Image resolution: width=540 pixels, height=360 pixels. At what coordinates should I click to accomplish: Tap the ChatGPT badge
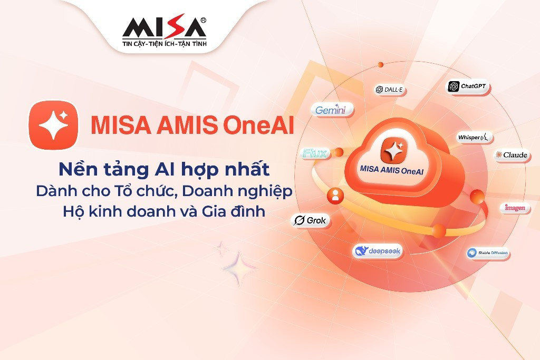(469, 86)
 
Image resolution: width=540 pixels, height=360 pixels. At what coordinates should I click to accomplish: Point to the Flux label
(315, 154)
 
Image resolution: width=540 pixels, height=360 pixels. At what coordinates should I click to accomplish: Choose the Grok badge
(311, 220)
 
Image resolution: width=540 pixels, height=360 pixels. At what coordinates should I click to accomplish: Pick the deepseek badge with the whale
(378, 251)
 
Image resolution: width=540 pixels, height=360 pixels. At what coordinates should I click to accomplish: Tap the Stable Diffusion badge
(488, 254)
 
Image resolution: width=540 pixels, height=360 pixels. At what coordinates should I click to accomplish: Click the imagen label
(515, 208)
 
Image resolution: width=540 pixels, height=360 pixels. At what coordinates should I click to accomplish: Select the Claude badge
(511, 155)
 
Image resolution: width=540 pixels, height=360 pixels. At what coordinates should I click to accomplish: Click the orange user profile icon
(335, 196)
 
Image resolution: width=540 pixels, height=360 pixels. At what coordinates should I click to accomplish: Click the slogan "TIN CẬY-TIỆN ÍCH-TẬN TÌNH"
(165, 44)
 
